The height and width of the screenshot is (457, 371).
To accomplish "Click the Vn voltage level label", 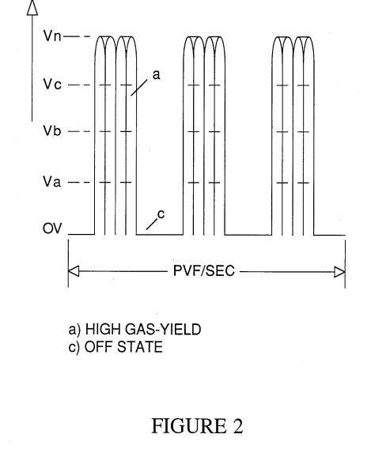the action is (x=52, y=36).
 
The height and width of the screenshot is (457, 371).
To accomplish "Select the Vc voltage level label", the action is (x=52, y=85).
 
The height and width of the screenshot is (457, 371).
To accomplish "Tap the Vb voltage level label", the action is (x=52, y=130).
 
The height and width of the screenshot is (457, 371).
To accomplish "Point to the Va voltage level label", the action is (x=52, y=182).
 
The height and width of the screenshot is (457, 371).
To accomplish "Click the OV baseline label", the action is (x=52, y=228).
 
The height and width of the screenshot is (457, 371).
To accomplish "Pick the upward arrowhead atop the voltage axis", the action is (x=32, y=8).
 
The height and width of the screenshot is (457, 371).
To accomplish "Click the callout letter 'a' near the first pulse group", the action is (x=157, y=75).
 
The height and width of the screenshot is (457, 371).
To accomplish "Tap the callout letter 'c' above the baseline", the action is (x=161, y=214).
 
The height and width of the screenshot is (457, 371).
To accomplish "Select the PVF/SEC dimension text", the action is (x=204, y=270).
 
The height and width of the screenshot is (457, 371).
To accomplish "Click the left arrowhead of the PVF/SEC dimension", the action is (x=74, y=271).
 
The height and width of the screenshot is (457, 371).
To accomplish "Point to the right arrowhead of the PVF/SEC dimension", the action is (x=340, y=272).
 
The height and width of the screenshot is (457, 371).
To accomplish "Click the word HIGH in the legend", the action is (x=103, y=330).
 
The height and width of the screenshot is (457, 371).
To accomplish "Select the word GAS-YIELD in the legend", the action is (x=163, y=330).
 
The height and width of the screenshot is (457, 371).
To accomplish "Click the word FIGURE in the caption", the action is (x=189, y=426).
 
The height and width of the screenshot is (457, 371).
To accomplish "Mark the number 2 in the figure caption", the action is (x=237, y=426).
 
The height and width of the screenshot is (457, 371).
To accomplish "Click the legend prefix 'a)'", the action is (x=74, y=330).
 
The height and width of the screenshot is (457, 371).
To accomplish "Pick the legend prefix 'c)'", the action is (x=74, y=348).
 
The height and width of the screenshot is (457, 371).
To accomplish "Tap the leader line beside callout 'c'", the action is (x=152, y=224).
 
